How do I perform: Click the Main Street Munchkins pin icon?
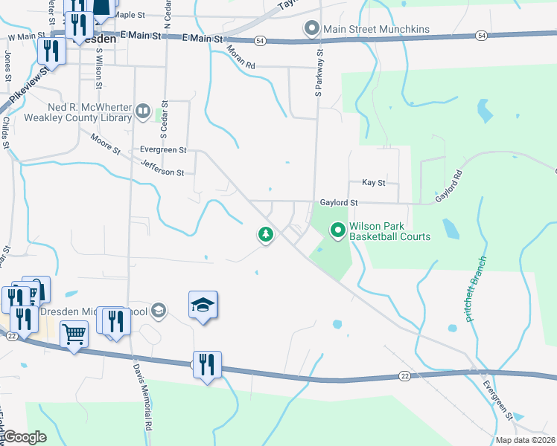tap(312, 29)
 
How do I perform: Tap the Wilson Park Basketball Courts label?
tap(389, 232)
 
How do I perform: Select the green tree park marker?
tap(265, 235)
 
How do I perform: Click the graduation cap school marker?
tap(203, 306)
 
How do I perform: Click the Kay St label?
tap(373, 182)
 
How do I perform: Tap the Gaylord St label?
tap(339, 202)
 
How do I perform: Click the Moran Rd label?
tap(241, 58)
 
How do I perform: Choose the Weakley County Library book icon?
tap(141, 111)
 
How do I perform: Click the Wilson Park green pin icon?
tap(337, 231)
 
